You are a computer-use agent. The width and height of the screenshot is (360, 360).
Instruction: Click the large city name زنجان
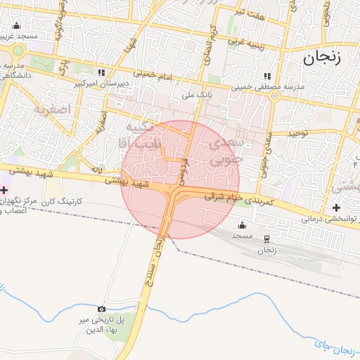click(322, 58)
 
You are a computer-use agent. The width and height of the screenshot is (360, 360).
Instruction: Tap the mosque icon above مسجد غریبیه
click(17, 26)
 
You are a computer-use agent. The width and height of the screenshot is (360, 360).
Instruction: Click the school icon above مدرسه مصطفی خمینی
click(266, 76)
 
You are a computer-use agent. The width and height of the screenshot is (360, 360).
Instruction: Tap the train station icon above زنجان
click(266, 239)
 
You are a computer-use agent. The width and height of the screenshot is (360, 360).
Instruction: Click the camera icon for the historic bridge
click(102, 309)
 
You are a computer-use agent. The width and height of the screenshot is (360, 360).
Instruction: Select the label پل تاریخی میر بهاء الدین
click(102, 325)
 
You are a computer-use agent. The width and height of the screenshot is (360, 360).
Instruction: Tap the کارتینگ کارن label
click(62, 202)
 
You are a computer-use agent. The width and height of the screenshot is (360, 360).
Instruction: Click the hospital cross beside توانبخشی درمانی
click(337, 207)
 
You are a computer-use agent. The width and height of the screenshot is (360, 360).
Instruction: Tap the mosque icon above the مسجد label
click(243, 225)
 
